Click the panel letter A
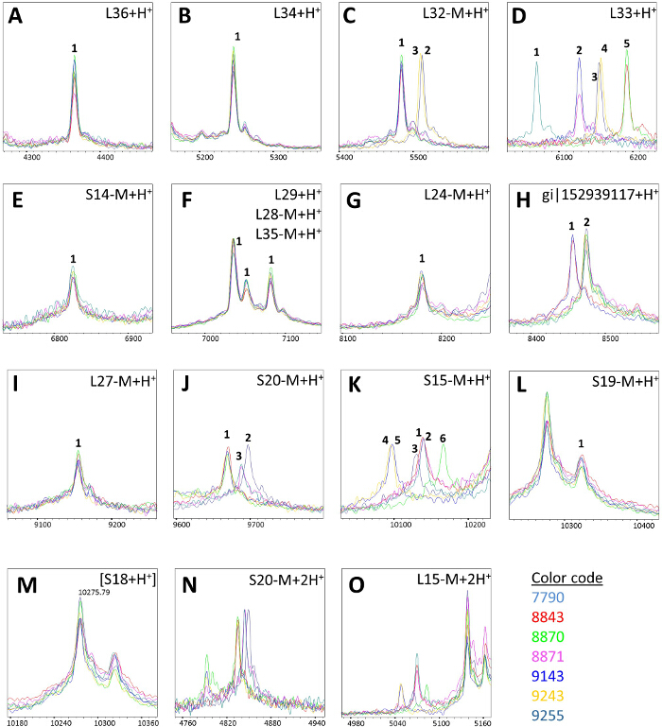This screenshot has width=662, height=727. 16,19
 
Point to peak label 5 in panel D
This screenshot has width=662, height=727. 626,43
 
